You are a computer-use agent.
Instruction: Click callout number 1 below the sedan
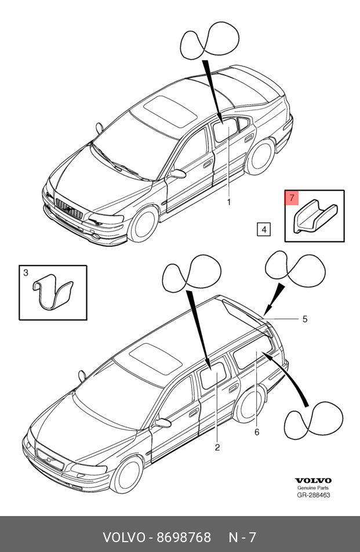pos(228,202)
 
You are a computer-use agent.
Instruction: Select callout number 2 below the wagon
pos(217,447)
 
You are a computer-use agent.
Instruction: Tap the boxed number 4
pos(263,230)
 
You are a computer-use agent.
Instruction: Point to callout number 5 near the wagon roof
pos(304,319)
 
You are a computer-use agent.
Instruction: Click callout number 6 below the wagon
pos(256,432)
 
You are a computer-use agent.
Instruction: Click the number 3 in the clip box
pos(26,273)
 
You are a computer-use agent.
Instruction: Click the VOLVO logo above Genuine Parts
pos(314,481)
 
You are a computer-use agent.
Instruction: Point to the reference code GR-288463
pos(314,495)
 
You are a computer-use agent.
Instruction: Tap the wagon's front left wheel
pos(126,473)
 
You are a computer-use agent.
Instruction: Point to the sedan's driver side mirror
pos(177,173)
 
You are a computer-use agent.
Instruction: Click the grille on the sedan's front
pos(68,208)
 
